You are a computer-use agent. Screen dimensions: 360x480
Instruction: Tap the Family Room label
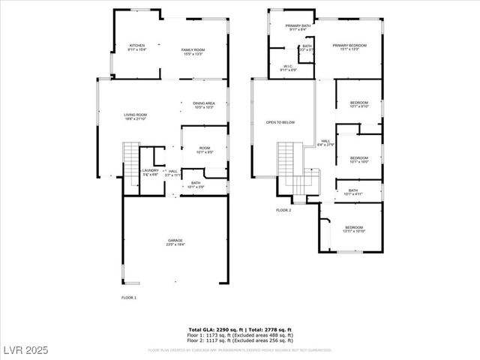pyautogui.click(x=193, y=52)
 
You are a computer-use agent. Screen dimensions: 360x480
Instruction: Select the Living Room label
pyautogui.click(x=136, y=116)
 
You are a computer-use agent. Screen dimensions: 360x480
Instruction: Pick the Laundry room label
pyautogui.click(x=150, y=172)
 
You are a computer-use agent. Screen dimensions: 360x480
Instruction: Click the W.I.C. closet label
pyautogui.click(x=288, y=67)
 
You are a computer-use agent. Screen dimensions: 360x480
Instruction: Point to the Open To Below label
pyautogui.click(x=280, y=122)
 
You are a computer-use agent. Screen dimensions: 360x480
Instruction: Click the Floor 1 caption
pyautogui.click(x=129, y=298)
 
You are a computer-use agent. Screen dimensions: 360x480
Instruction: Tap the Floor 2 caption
pyautogui.click(x=283, y=210)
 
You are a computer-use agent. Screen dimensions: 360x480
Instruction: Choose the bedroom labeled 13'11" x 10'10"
pyautogui.click(x=354, y=229)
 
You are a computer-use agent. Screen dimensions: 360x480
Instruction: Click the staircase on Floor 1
pyautogui.click(x=130, y=158)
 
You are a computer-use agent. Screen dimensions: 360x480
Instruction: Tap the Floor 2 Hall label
pyautogui.click(x=326, y=142)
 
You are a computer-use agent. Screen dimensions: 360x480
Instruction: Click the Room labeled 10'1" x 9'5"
pyautogui.click(x=204, y=150)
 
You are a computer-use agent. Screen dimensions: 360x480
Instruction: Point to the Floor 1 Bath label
pyautogui.click(x=195, y=184)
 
